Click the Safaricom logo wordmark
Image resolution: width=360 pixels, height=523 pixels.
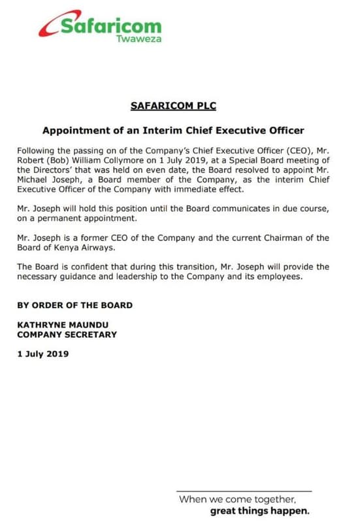110,27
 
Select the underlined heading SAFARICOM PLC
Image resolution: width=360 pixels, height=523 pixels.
173,105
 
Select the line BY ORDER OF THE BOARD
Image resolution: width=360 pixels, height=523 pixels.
75,305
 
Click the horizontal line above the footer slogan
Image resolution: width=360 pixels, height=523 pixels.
244,491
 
